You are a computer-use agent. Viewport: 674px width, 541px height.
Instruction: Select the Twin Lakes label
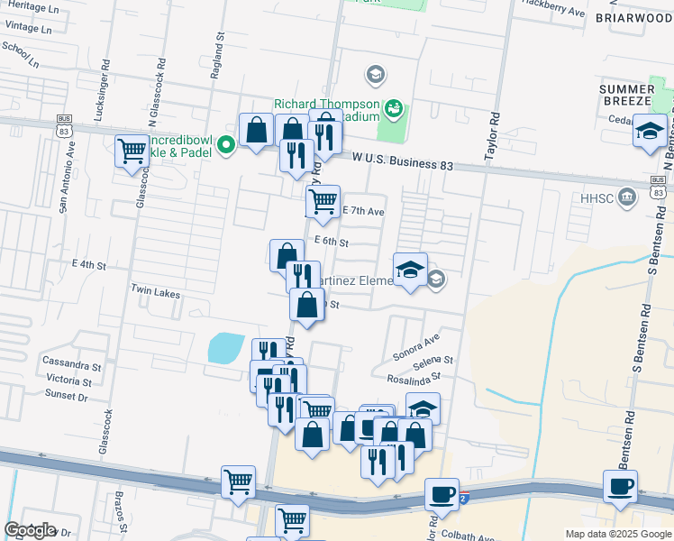click(x=156, y=294)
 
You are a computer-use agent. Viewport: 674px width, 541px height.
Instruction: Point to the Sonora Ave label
click(x=415, y=344)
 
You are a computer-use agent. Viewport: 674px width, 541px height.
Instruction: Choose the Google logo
click(x=30, y=530)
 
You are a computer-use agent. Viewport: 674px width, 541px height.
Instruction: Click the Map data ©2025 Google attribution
click(x=618, y=534)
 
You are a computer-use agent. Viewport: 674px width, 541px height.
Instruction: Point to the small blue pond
click(x=224, y=348)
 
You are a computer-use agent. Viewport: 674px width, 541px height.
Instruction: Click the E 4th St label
click(x=89, y=266)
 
